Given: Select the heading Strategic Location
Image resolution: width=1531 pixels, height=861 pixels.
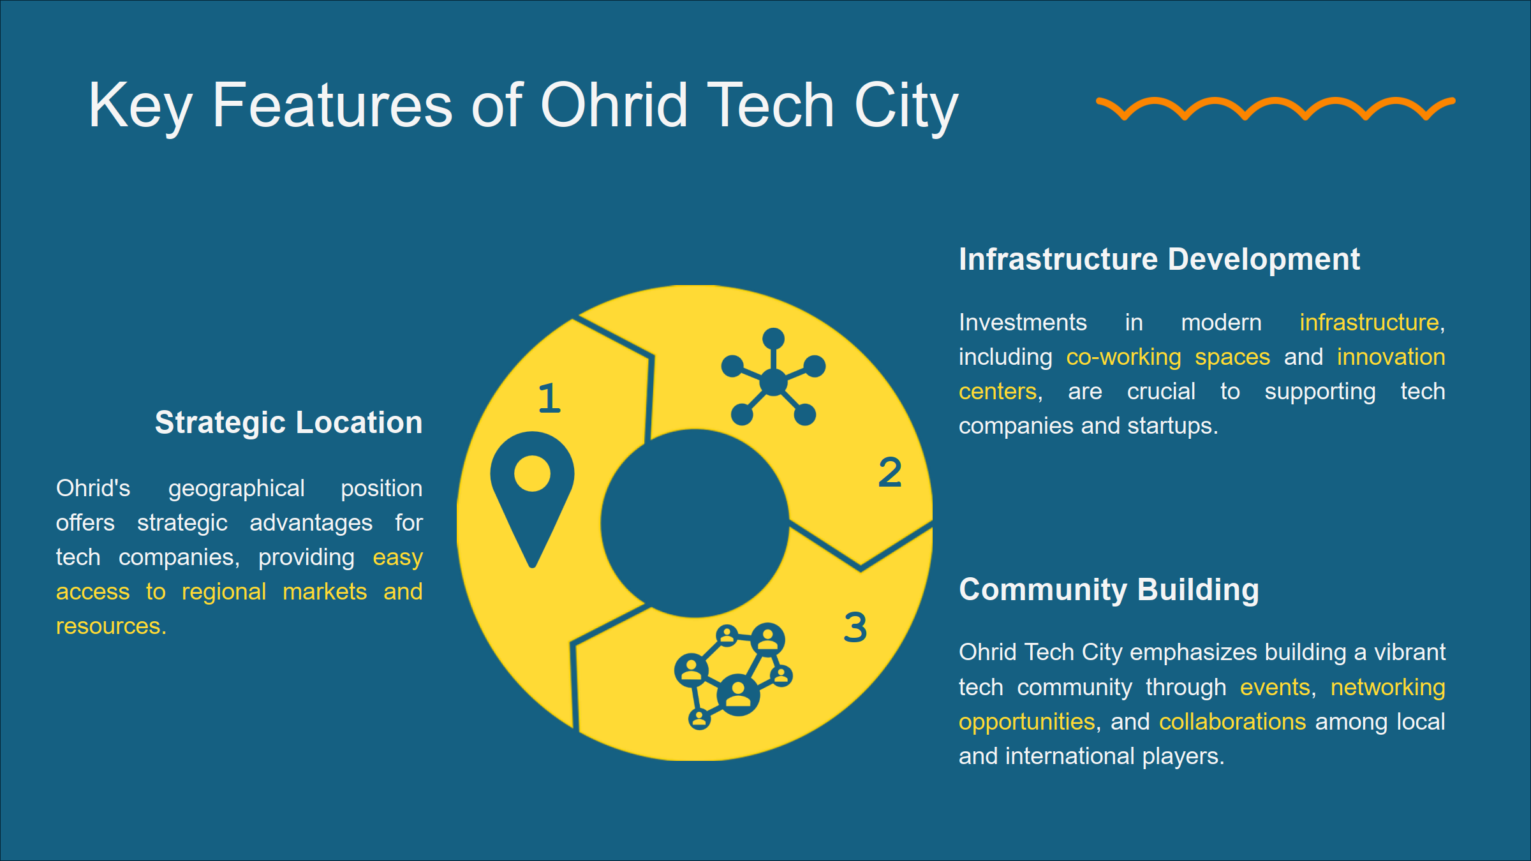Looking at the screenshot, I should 288,422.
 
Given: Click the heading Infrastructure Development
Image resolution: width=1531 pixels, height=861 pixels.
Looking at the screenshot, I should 1159,260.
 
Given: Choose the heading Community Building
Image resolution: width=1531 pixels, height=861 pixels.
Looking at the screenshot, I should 1109,589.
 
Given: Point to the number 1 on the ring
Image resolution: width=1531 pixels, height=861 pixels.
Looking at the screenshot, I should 549,399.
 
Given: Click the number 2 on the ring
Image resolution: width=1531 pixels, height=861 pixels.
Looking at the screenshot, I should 890,473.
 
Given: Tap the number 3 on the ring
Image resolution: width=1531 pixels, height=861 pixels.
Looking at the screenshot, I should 855,627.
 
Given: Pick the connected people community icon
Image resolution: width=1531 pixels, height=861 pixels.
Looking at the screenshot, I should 734,676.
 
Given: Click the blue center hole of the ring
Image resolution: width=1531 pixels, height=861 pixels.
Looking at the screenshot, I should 695,523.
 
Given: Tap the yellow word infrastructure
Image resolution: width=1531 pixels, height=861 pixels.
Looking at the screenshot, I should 1369,322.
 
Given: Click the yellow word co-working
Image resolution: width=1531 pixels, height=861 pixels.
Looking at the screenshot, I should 1123,357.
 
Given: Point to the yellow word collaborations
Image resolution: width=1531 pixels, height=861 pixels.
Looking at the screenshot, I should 1232,721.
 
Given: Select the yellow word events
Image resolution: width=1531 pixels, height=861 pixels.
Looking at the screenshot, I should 1275,687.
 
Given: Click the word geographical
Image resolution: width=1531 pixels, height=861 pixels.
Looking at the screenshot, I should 236,489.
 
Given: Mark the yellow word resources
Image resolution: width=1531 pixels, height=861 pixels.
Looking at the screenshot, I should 110,626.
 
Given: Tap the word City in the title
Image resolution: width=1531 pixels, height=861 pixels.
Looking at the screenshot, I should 906,105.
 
